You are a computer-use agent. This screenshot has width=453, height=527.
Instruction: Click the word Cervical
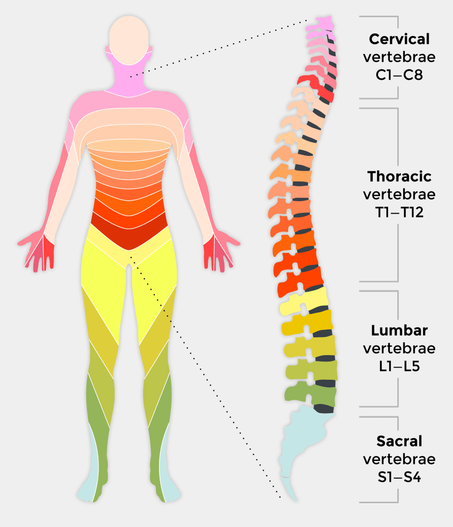(399, 39)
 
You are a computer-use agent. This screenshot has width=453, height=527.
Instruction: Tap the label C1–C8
(399, 75)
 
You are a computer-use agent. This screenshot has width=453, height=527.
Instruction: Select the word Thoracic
(399, 177)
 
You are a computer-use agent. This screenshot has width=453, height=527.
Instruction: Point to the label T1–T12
(399, 212)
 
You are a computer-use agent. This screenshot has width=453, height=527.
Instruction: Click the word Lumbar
(399, 331)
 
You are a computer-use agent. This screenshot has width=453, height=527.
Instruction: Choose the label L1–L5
(399, 367)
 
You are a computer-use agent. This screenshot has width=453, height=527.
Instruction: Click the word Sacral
(399, 441)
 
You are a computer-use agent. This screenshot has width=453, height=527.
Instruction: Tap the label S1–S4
(399, 477)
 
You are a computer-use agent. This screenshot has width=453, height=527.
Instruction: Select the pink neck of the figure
(129, 81)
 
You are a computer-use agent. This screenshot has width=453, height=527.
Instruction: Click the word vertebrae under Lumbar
(399, 349)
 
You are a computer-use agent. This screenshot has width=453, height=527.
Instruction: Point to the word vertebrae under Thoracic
(399, 195)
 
